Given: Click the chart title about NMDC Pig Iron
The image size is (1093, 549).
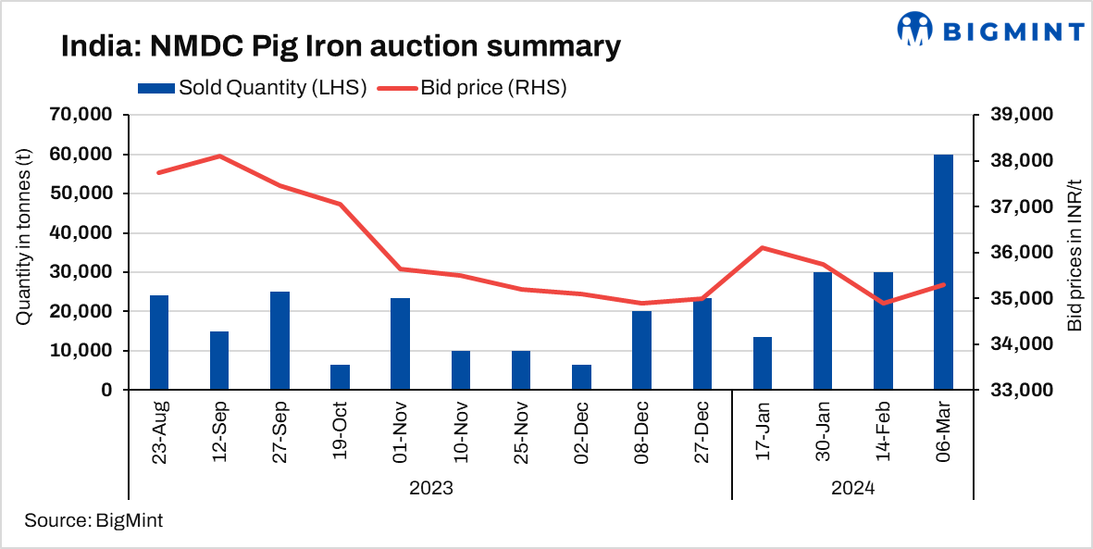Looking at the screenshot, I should [340, 46].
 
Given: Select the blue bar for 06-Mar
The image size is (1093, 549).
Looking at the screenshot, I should [943, 272].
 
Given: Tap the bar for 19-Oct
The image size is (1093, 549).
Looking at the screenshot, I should [340, 378].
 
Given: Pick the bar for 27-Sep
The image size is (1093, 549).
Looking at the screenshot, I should [279, 341].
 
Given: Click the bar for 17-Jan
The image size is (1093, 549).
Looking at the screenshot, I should [763, 364].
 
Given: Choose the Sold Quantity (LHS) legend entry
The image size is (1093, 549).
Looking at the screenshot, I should [253, 88].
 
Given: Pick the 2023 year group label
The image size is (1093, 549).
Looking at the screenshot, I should [430, 487].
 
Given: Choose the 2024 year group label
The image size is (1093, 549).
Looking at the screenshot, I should [852, 487].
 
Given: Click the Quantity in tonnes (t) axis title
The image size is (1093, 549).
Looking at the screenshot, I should [24, 252].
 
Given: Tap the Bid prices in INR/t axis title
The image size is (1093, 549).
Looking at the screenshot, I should [1074, 252].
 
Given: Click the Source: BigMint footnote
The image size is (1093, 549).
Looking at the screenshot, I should [93, 520].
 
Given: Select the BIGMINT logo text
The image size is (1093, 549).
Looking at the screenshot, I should [1012, 31].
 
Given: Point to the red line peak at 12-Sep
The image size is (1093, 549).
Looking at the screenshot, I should [219, 156].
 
